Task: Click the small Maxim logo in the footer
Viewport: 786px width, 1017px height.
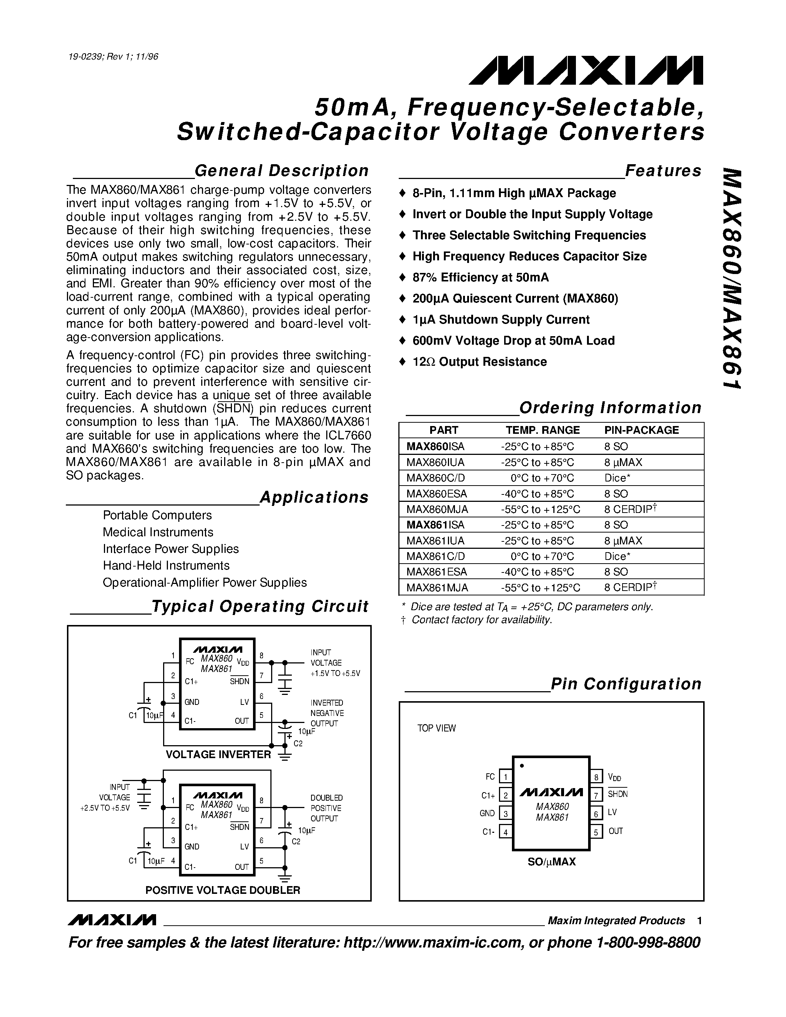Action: pyautogui.click(x=112, y=920)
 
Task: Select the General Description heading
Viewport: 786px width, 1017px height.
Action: pyautogui.click(x=281, y=171)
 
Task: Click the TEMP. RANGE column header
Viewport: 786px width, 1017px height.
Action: pyautogui.click(x=543, y=430)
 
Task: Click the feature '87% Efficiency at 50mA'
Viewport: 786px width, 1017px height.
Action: pyautogui.click(x=480, y=277)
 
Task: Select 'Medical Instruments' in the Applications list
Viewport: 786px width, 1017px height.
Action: pyautogui.click(x=158, y=532)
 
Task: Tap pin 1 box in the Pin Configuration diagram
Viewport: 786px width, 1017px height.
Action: pyautogui.click(x=505, y=777)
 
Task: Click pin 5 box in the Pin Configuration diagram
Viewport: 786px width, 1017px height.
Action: pyautogui.click(x=596, y=831)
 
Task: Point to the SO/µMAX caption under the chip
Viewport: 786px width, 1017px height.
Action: pyautogui.click(x=551, y=862)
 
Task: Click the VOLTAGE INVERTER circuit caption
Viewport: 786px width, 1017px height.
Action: pyautogui.click(x=218, y=754)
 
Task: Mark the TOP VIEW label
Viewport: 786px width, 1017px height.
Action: pyautogui.click(x=436, y=728)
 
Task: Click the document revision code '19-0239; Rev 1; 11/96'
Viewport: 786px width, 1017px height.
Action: pyautogui.click(x=113, y=57)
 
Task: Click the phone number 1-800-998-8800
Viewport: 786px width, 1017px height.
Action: pyautogui.click(x=648, y=943)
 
